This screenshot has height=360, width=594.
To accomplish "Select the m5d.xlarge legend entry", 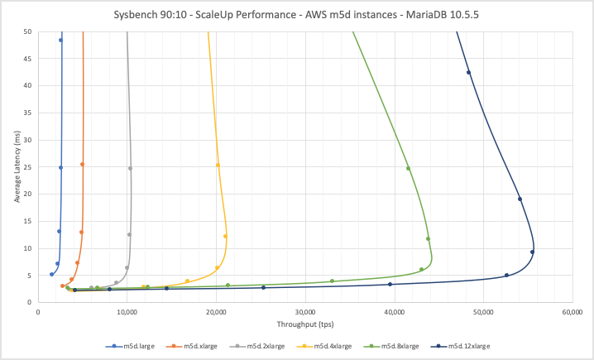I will click(199, 346).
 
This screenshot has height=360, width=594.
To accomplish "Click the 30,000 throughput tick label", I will click(305, 313).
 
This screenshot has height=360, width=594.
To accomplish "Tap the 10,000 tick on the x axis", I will click(127, 313).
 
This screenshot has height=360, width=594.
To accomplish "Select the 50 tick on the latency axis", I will click(27, 31).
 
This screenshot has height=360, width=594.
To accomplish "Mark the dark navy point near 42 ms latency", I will click(468, 73).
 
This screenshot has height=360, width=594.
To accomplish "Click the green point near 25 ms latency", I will click(408, 169).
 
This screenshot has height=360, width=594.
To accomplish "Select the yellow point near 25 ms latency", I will click(218, 165).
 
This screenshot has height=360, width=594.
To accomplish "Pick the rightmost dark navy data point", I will click(532, 252).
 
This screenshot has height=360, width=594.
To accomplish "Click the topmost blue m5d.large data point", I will click(60, 40).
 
